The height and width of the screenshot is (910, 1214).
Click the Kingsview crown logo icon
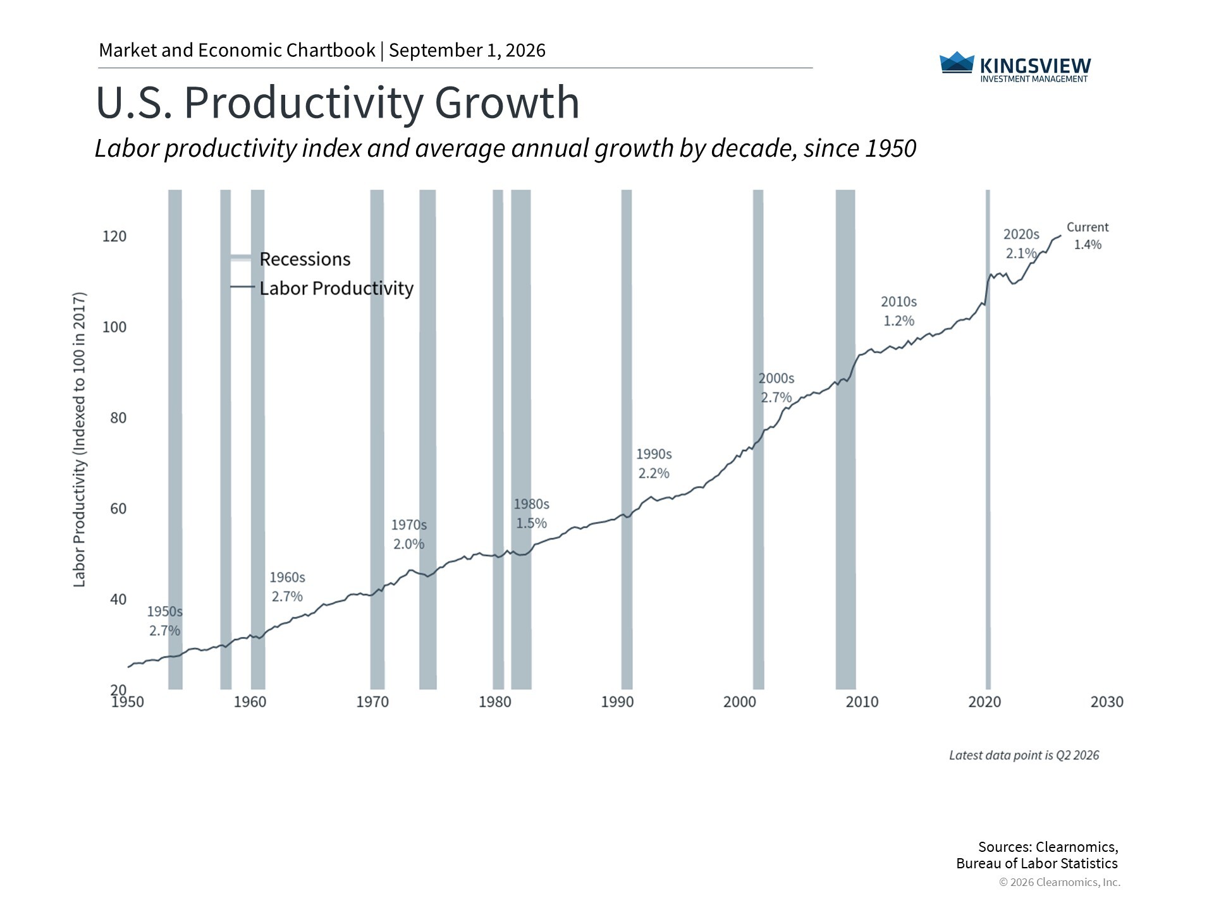pyautogui.click(x=957, y=62)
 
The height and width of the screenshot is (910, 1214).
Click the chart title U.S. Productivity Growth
pyautogui.click(x=338, y=102)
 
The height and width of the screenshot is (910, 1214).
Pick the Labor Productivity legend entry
pyautogui.click(x=321, y=288)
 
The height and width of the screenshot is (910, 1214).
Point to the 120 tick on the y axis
pyautogui.click(x=114, y=236)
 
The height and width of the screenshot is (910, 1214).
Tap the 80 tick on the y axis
pyautogui.click(x=118, y=418)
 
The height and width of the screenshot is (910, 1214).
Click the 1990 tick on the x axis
pyautogui.click(x=617, y=702)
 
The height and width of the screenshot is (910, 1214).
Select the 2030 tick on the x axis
pyautogui.click(x=1107, y=702)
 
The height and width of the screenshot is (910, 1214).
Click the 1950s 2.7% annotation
pyautogui.click(x=164, y=621)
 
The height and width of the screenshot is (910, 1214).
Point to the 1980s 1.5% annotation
pyautogui.click(x=531, y=514)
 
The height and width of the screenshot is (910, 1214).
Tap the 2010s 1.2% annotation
pyautogui.click(x=898, y=312)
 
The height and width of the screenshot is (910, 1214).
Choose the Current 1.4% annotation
pyautogui.click(x=1088, y=236)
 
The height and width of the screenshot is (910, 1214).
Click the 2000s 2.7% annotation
pyautogui.click(x=776, y=388)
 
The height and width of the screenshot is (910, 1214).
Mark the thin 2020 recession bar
pyautogui.click(x=988, y=439)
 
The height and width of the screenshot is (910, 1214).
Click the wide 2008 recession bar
pyautogui.click(x=845, y=439)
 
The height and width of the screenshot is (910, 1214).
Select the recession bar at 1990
pyautogui.click(x=627, y=439)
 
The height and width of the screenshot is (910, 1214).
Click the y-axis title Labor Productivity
pyautogui.click(x=79, y=440)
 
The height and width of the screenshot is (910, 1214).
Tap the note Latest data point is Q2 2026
pyautogui.click(x=1024, y=755)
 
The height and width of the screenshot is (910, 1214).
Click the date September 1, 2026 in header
pyautogui.click(x=467, y=51)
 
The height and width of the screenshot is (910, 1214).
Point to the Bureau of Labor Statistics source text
pyautogui.click(x=1037, y=864)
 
